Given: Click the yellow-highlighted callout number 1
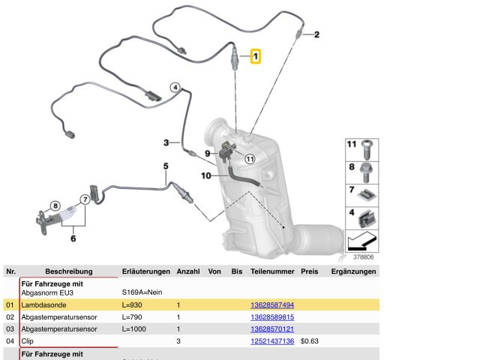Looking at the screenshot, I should pos(256,56).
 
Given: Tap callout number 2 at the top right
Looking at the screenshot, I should pos(316,34).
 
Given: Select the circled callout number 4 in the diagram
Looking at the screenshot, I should pos(175,88).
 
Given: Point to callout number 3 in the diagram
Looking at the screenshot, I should pos(166,142).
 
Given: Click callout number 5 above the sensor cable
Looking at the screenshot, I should pos(166,166).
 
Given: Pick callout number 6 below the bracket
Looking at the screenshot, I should pos(73,238).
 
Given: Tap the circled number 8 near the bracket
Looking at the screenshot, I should pos(55,205).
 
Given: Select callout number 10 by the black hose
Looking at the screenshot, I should pos(205,175).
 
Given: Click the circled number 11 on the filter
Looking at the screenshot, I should pos(250,158).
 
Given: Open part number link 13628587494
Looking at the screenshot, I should pos(271,305).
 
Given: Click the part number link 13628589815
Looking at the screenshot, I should pos(271,317).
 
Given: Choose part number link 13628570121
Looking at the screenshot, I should pos(271,328).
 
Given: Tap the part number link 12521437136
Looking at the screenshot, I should pos(271,340).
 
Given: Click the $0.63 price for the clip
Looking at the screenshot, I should pos(310,340).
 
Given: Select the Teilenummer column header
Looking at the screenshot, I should pos(272,271).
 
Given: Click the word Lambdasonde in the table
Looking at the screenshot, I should pos(45,305).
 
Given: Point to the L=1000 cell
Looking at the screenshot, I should pos(134,328).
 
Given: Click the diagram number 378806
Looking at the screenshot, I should pos(364,256).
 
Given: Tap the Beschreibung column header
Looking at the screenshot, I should pos(68,271).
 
